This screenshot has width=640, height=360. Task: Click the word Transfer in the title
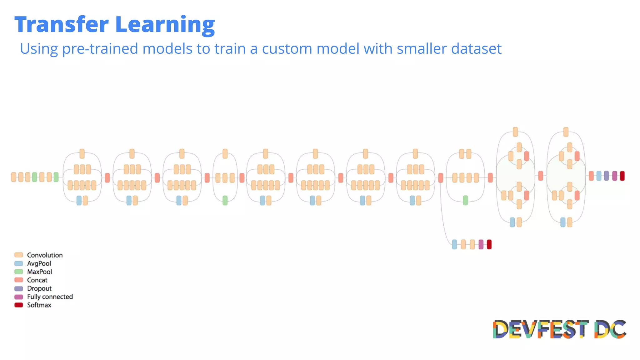tap(62, 25)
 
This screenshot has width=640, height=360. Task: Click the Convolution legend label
tap(45, 255)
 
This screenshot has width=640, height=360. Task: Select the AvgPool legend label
tap(39, 263)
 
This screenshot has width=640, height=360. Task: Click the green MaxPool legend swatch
tap(19, 272)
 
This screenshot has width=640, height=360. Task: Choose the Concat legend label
tap(37, 280)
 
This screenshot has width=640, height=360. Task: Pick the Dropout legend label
tap(39, 288)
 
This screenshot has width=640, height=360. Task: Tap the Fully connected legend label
tap(50, 297)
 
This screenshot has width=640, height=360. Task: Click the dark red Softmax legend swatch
tap(19, 305)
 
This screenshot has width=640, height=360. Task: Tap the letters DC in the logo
tap(610, 329)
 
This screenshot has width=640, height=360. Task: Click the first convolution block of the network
tap(13, 177)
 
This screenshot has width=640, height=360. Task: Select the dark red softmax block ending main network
tap(622, 176)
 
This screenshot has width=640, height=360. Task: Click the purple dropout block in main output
tap(606, 176)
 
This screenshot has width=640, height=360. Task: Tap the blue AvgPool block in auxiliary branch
tap(454, 244)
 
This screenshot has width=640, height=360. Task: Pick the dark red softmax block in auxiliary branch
tap(489, 244)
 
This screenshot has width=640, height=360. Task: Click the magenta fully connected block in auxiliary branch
tap(481, 244)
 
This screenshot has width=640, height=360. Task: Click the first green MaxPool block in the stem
tap(34, 177)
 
